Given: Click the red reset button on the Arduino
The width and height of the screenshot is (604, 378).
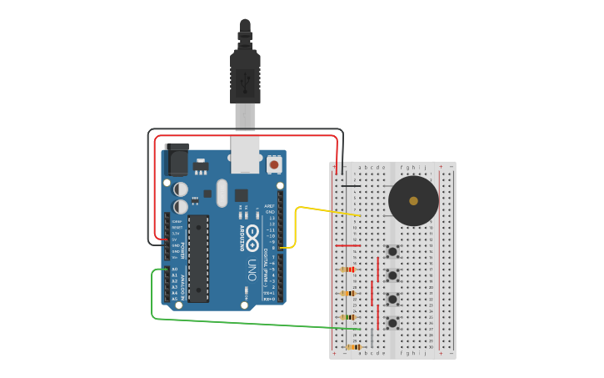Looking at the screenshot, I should point(274,165).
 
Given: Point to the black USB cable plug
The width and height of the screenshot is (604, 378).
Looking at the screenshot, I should point(245,75).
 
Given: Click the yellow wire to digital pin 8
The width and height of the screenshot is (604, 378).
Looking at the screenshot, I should point(297,225).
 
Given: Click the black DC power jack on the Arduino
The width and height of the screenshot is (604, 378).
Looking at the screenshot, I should point(177,159).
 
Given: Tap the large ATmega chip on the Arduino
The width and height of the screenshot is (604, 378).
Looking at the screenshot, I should point(198,258).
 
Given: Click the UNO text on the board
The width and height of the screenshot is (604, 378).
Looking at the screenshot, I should point(251,270).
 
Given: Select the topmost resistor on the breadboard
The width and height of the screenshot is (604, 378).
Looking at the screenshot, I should point(348,270).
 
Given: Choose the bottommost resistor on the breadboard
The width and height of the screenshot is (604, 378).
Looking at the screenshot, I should point(353,346).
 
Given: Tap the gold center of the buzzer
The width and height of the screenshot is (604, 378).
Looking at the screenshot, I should point(414,201).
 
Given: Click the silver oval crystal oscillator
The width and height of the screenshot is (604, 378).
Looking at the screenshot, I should point(221,194).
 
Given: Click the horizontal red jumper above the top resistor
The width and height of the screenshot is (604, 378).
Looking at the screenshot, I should point(347,246).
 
